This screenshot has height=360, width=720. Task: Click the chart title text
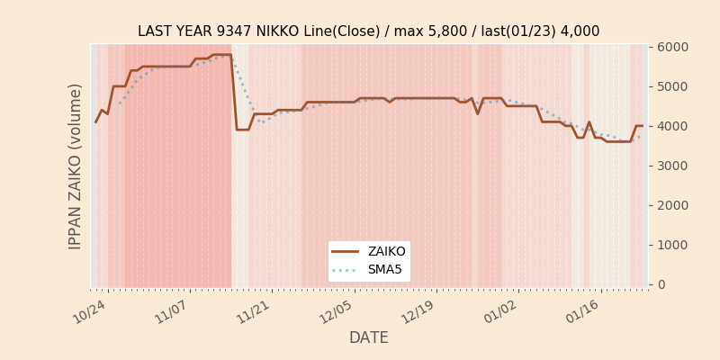click(368, 31)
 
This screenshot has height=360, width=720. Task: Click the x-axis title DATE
click(368, 337)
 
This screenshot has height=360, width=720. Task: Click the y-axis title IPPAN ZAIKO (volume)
click(76, 166)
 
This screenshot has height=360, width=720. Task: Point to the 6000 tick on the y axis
click(672, 47)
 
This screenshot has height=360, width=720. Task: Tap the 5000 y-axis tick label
click(672, 86)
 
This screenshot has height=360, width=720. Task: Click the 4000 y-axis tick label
click(672, 126)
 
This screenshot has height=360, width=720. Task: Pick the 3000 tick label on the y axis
click(672, 166)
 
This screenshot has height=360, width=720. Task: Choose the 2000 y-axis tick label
click(672, 205)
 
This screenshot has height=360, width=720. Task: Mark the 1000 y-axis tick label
click(672, 245)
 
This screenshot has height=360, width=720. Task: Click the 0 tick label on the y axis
click(661, 284)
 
